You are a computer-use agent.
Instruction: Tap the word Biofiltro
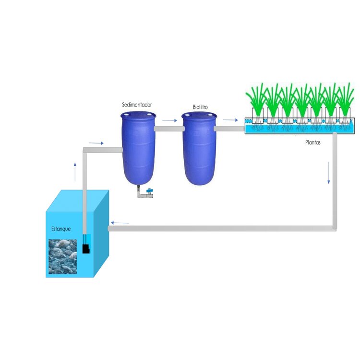pyautogui.click(x=200, y=108)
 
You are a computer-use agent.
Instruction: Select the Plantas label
pyautogui.click(x=314, y=143)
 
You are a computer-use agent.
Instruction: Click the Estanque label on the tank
pyautogui.click(x=61, y=229)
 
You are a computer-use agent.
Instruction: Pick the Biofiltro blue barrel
pyautogui.click(x=199, y=149)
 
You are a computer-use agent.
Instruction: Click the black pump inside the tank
pyautogui.click(x=86, y=249)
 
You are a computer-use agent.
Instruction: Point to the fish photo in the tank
pyautogui.click(x=62, y=256)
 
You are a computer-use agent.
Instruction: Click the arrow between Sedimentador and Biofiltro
pyautogui.click(x=169, y=120)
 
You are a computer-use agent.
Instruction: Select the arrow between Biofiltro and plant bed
pyautogui.click(x=230, y=120)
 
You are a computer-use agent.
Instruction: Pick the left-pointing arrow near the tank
pyautogui.click(x=120, y=223)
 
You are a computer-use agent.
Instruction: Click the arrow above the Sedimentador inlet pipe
pyautogui.click(x=96, y=143)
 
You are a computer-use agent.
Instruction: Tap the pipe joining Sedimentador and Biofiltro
pyautogui.click(x=168, y=129)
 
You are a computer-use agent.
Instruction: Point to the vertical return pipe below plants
pyautogui.click(x=335, y=182)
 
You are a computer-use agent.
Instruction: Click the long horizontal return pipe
pyautogui.click(x=221, y=228)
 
